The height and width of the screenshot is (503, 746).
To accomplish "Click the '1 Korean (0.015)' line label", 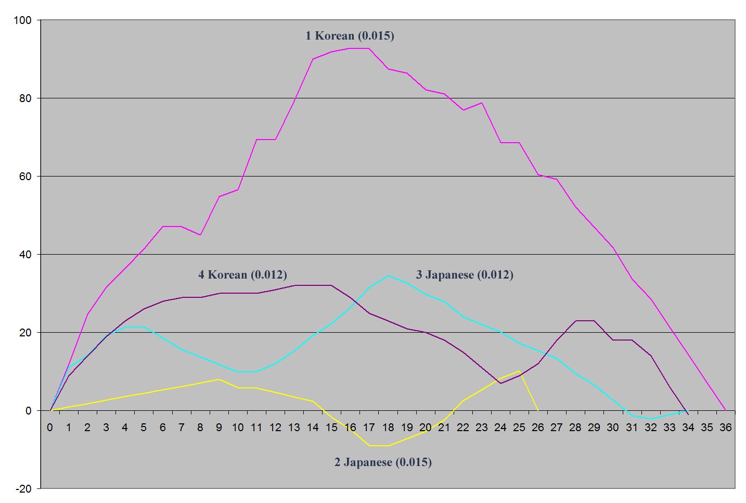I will [x=350, y=36].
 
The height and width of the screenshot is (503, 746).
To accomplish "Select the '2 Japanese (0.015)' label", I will [x=383, y=462].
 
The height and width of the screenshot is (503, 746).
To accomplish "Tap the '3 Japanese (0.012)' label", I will [x=465, y=275].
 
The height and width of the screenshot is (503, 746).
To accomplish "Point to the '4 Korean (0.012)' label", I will [x=242, y=275].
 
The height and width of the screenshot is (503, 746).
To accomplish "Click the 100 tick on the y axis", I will [x=23, y=20].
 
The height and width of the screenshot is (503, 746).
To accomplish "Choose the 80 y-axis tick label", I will [x=25, y=98].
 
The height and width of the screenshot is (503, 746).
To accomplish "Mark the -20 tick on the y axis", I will [x=23, y=489].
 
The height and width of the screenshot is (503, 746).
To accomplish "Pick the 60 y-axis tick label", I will [x=25, y=177].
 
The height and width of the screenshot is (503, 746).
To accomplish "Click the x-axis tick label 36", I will [x=725, y=427].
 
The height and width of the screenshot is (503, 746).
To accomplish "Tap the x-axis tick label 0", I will [x=50, y=427].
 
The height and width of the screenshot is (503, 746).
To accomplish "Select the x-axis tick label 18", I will [x=388, y=427].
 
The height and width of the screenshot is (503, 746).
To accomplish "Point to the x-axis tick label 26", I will [x=538, y=427].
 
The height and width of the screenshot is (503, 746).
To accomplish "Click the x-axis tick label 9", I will [x=219, y=427].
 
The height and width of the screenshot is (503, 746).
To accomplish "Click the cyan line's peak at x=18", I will [x=388, y=276].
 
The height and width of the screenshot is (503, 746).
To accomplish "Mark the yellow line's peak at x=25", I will [x=519, y=371].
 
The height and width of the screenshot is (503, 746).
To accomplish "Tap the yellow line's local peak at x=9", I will [x=219, y=379].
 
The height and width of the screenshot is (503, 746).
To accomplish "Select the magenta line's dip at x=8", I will [x=200, y=235].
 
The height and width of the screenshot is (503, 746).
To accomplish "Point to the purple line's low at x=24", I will [x=500, y=383].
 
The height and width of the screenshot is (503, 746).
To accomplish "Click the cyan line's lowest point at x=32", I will [x=650, y=419].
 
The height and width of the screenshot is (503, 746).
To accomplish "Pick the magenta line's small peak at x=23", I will [x=482, y=103].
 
